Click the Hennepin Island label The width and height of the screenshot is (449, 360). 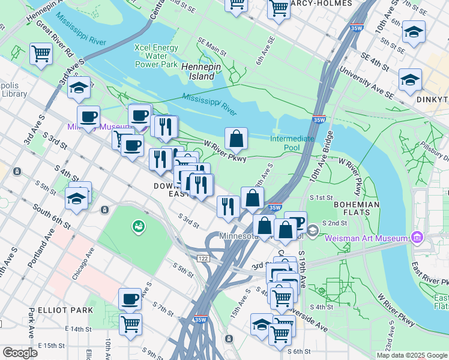198,71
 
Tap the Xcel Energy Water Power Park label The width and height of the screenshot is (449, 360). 157,56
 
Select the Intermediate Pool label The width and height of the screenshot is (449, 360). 292,143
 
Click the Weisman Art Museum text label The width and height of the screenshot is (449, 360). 366,238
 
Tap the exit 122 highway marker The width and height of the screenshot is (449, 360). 203,257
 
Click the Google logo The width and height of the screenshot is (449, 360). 20,352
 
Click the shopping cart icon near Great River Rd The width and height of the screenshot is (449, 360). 41,53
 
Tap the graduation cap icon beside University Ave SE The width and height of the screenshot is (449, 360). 410,79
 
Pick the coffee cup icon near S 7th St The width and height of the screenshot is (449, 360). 130,299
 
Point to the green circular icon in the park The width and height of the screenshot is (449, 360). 139,226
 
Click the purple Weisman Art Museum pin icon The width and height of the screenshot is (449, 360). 415,238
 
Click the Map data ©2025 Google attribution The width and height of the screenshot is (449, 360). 412,355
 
